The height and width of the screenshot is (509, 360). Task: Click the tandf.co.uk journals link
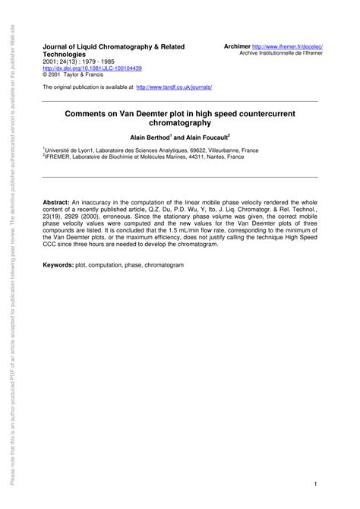click(174, 87)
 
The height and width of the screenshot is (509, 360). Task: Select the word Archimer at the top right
click(237, 46)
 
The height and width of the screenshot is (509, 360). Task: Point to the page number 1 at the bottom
click(314, 463)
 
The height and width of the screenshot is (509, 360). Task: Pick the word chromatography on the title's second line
click(179, 122)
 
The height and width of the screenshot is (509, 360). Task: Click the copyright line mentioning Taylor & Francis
click(74, 75)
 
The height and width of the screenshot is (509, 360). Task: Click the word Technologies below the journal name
click(69, 55)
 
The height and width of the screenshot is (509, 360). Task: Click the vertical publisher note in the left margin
click(12, 254)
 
